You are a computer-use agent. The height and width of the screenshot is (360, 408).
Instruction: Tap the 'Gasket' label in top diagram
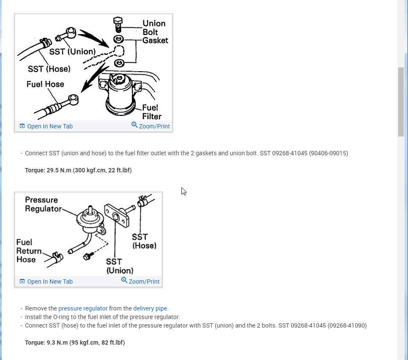click(155, 41)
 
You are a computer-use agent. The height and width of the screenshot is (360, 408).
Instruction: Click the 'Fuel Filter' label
click(152, 112)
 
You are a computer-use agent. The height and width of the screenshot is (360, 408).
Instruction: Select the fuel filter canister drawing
click(119, 96)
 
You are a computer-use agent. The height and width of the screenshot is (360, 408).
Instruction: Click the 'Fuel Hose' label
click(45, 84)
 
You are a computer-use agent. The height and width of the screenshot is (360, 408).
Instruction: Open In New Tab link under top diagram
click(46, 126)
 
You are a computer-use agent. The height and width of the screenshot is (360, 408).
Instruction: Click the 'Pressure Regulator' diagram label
click(41, 204)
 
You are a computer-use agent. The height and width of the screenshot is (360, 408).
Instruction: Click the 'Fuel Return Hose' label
click(28, 251)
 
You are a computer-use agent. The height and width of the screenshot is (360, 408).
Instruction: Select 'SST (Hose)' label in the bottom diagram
click(144, 241)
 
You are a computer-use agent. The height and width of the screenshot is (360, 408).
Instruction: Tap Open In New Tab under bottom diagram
click(46, 282)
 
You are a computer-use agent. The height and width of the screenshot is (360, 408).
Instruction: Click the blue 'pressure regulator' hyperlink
click(83, 308)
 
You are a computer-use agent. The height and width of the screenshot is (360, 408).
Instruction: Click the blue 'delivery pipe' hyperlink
click(150, 308)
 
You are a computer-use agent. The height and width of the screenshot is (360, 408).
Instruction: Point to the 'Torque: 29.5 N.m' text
click(78, 170)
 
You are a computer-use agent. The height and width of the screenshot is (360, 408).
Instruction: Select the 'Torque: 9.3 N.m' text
click(75, 343)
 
